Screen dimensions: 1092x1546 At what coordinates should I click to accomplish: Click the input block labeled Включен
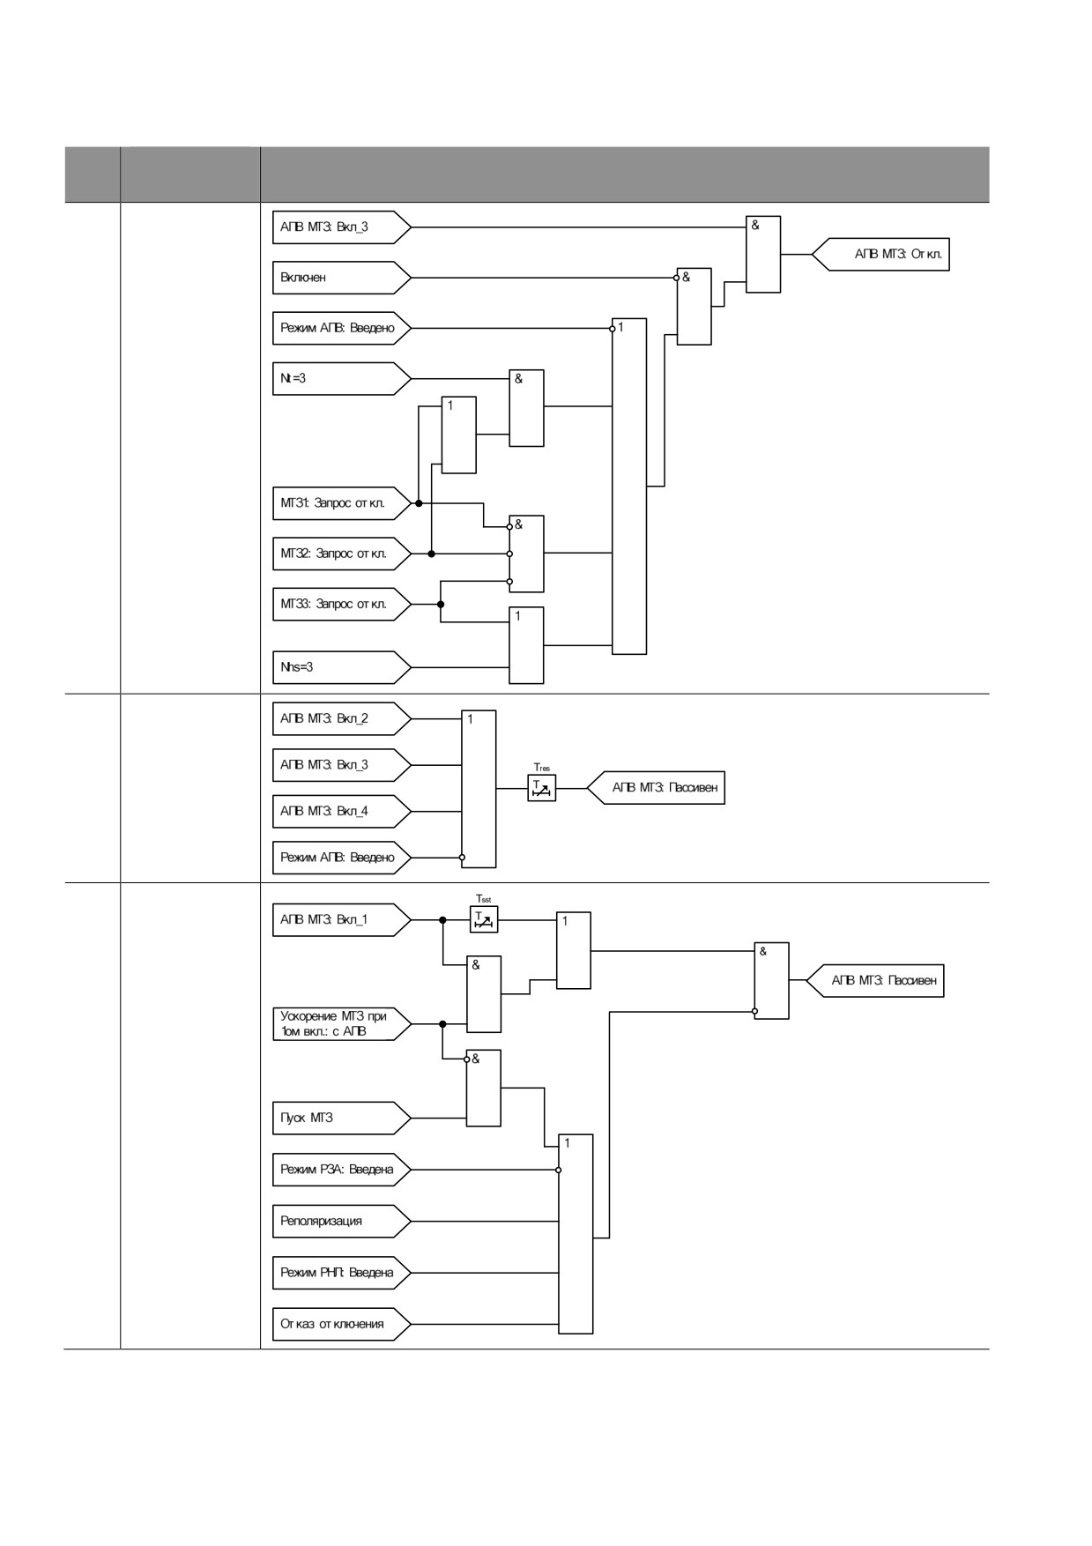click(x=341, y=278)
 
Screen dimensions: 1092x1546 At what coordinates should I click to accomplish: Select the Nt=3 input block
click(x=341, y=378)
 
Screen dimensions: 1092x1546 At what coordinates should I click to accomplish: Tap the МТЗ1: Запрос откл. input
click(x=341, y=503)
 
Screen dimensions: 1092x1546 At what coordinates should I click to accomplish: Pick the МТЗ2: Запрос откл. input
click(x=341, y=554)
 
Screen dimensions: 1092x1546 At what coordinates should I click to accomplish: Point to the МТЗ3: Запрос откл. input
click(x=341, y=605)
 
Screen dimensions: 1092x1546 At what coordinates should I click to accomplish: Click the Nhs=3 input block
click(x=341, y=667)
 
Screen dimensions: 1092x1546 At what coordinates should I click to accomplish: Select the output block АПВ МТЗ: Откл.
click(x=880, y=254)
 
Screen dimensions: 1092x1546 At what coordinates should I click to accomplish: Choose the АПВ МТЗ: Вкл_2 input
click(x=341, y=718)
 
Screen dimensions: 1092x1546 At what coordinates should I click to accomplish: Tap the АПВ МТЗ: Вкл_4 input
click(x=341, y=811)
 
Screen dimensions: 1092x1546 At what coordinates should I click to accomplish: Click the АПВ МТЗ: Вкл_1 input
click(x=341, y=919)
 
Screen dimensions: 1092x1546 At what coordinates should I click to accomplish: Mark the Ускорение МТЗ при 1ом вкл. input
click(x=341, y=1024)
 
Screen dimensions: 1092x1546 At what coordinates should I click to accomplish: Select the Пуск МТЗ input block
click(x=341, y=1118)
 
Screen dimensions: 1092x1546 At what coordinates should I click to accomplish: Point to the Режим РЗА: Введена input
click(x=341, y=1170)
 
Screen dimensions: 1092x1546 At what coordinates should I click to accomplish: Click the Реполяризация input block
click(x=341, y=1221)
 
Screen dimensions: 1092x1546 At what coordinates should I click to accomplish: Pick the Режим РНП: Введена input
click(x=341, y=1273)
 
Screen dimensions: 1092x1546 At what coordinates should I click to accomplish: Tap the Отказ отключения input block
click(x=341, y=1324)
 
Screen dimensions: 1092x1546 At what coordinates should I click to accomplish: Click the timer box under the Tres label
click(x=542, y=788)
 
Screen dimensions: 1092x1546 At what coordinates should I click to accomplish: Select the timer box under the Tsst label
click(x=484, y=919)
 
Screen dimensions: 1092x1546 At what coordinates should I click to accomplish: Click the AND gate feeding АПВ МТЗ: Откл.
click(x=763, y=254)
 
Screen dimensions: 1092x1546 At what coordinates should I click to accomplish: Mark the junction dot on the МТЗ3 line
click(x=441, y=605)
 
